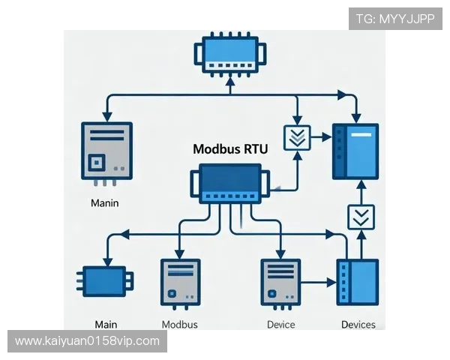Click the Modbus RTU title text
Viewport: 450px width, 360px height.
coord(230,148)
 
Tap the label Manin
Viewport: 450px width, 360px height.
coord(104,202)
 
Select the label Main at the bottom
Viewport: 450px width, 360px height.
coord(106,325)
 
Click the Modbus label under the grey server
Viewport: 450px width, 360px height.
coord(180,325)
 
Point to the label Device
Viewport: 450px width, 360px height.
coord(280,325)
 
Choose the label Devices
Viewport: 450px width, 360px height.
coord(358,325)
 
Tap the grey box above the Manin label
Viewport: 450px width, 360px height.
coord(106,152)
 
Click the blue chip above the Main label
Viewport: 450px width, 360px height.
coord(106,282)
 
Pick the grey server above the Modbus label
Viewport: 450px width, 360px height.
coord(180,283)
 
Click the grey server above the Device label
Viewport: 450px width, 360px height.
coord(280,283)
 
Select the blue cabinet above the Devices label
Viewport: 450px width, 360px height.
coord(357,283)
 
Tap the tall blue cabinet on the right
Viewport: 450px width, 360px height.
coord(355,151)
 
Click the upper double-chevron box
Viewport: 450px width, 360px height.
coord(297,138)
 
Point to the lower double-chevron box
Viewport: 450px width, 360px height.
coord(361,217)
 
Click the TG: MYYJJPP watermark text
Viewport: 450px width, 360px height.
coord(395,19)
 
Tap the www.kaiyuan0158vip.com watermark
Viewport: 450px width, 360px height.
coord(87,341)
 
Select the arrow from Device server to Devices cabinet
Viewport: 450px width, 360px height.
coord(319,283)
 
